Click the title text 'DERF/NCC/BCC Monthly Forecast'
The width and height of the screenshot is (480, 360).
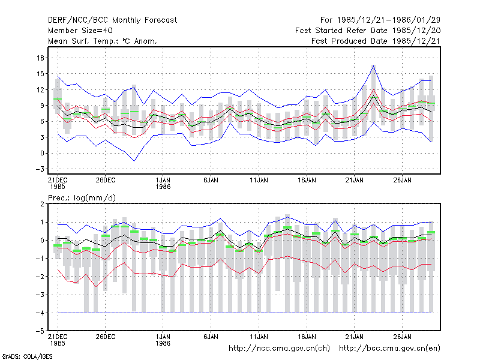point(112,20)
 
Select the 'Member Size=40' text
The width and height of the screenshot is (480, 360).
point(80,31)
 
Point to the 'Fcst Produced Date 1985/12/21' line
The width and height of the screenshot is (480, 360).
point(376,41)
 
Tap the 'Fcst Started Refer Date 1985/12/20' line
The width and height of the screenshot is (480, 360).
point(368,31)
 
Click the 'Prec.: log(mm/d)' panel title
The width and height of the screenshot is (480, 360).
point(82,198)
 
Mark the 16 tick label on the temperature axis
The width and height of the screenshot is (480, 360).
point(40,58)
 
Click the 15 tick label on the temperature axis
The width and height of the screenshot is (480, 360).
point(40,74)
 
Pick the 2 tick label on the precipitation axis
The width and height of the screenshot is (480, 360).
point(42,204)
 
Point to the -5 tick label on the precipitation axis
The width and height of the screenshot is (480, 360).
point(40,331)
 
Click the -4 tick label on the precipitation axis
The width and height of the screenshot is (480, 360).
point(40,313)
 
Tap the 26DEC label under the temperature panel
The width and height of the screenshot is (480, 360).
point(106,180)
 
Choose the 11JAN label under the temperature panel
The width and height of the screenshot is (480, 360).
point(259,180)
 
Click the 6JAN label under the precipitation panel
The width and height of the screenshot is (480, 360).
point(211,337)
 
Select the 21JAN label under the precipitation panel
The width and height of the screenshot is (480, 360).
point(354,337)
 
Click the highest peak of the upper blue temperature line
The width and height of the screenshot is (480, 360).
point(373,65)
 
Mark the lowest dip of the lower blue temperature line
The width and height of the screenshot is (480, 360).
point(134,161)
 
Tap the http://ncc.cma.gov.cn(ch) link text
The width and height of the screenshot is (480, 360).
point(279,349)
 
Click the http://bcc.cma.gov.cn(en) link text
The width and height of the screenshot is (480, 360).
point(389,349)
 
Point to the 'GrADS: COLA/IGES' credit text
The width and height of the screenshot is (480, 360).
point(27,356)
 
